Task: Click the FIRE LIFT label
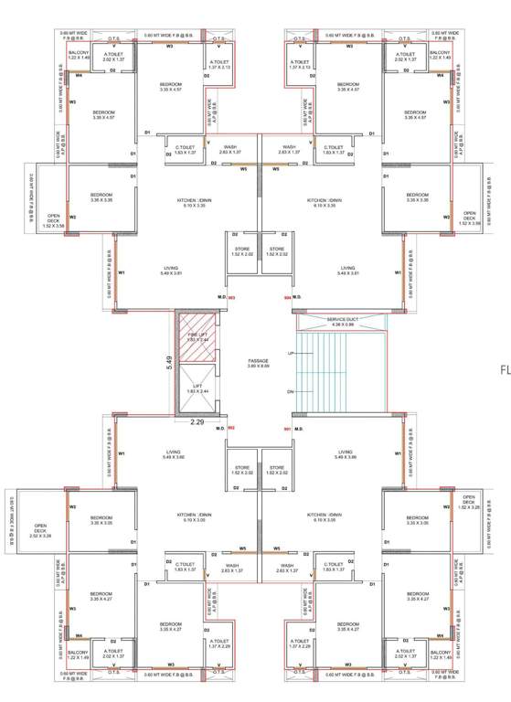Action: tap(197, 335)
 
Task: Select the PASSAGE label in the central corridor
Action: tap(258, 362)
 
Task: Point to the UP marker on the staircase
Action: tap(291, 353)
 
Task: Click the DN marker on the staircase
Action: tap(291, 391)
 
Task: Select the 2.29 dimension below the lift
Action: tap(197, 422)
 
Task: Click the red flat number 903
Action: tap(231, 298)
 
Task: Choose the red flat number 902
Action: tap(231, 428)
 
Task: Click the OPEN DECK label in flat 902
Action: tap(40, 528)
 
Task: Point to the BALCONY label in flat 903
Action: tap(79, 55)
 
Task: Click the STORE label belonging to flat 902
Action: tap(242, 470)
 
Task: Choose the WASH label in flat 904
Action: tap(289, 149)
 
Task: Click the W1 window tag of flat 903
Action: tap(121, 273)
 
